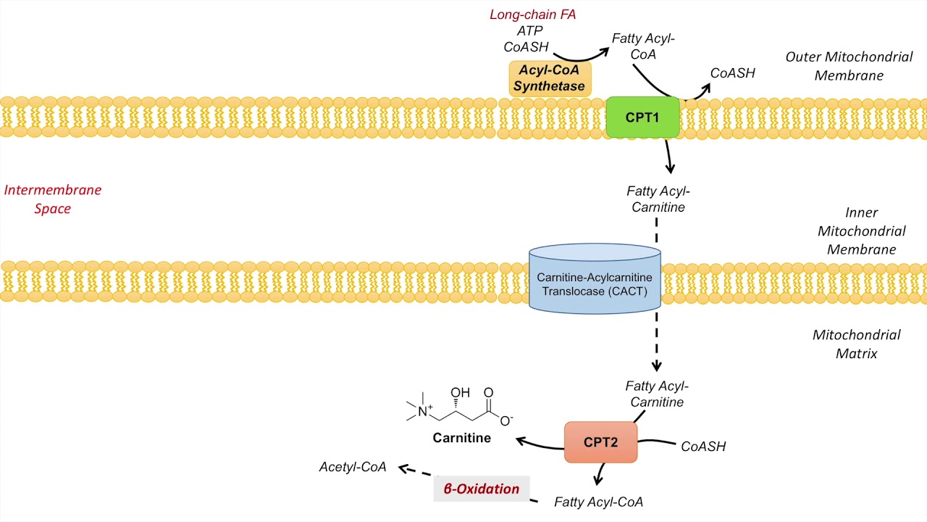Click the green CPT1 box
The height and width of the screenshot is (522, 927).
pos(642,117)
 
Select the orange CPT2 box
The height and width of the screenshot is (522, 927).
pos(600,442)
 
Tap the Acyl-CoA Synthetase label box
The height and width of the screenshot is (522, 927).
pos(550,78)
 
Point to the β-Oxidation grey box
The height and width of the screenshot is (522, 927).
pos(482,489)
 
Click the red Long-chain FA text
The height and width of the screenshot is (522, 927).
pos(533,14)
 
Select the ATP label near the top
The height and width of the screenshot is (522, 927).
pos(529,30)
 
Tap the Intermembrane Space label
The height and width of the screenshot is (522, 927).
pos(53,199)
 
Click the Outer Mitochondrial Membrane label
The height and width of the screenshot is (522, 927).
pos(839,66)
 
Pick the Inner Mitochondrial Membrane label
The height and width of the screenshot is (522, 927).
pos(861,231)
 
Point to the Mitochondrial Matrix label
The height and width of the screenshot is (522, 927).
pos(856,344)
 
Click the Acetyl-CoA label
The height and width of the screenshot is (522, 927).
pos(353,467)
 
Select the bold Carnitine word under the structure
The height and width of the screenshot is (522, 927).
pos(461,438)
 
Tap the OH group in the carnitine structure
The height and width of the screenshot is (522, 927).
pos(460,394)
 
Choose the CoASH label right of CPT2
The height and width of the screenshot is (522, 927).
pos(703,447)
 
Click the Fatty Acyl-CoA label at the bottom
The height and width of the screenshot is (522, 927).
pos(598,502)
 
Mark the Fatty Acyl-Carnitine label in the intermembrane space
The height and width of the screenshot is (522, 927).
pos(658,199)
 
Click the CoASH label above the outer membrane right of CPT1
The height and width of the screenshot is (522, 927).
pos(732,72)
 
